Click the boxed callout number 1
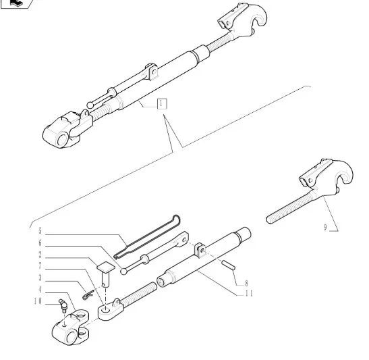[x=162, y=104]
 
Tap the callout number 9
[x=325, y=228]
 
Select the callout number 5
[x=40, y=231]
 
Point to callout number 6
[x=40, y=243]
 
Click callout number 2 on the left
[x=40, y=255]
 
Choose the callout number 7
[x=40, y=266]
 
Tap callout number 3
[x=40, y=278]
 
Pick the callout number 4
[x=40, y=290]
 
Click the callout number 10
[x=38, y=301]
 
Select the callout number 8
[x=246, y=283]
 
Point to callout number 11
[x=249, y=294]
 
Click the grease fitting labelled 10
[x=63, y=305]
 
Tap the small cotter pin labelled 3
[x=88, y=295]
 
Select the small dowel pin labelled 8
[x=228, y=265]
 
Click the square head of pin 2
[x=106, y=267]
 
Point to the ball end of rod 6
[x=123, y=272]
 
